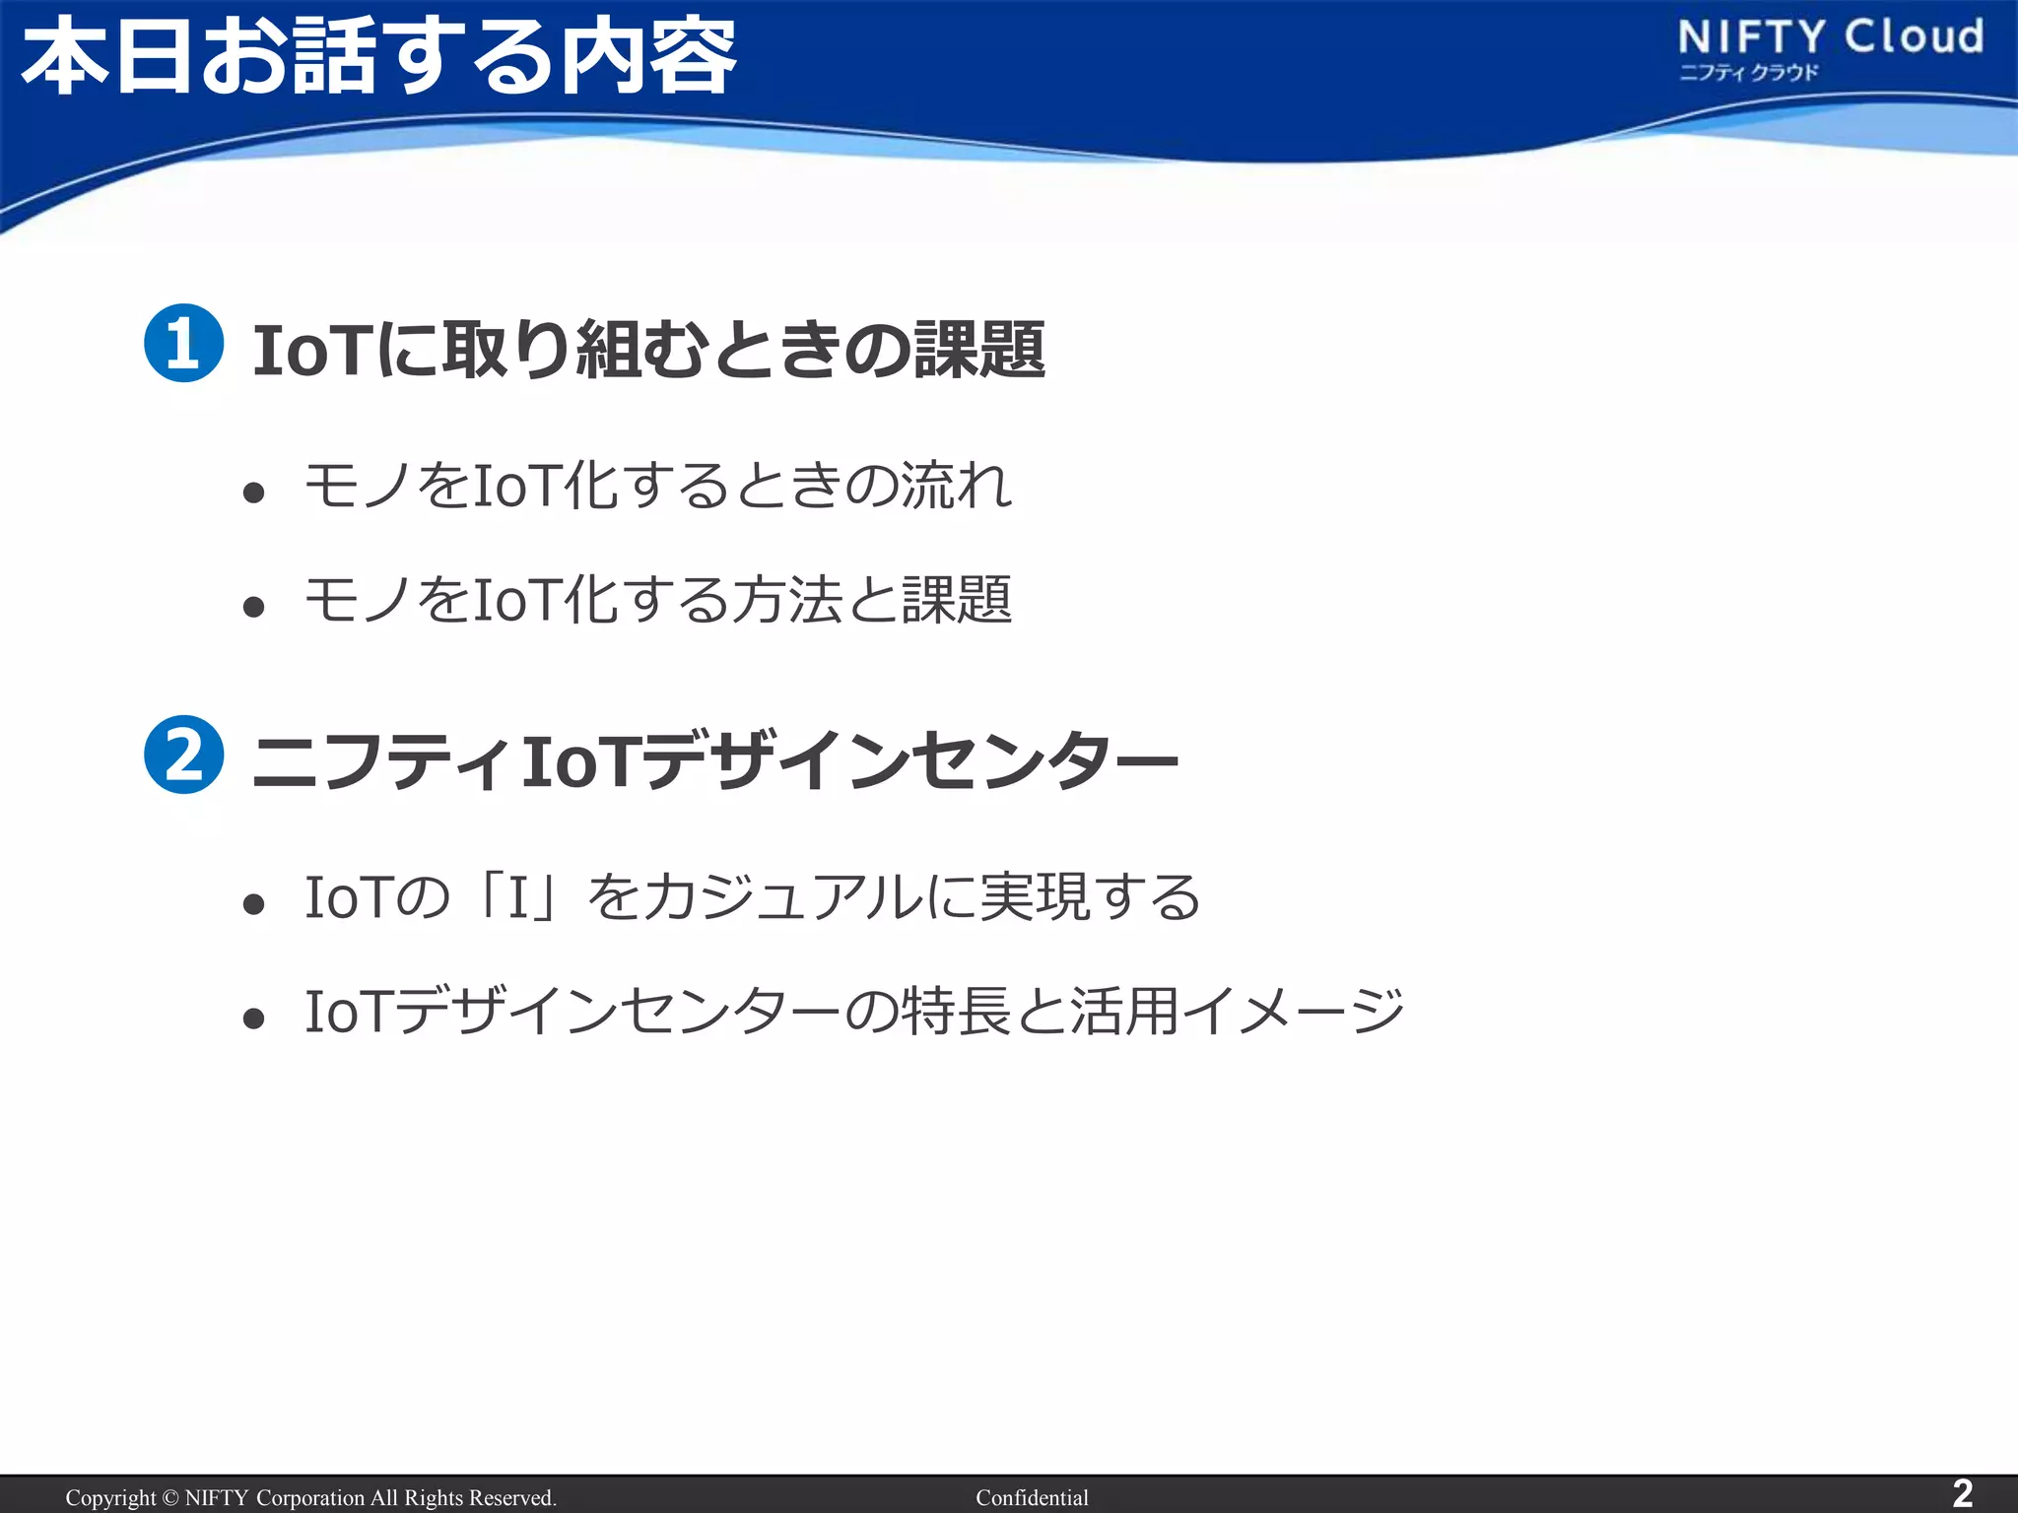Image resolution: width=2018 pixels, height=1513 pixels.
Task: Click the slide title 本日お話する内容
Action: [379, 57]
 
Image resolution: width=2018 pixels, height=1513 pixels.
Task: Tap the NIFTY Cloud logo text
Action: [1831, 37]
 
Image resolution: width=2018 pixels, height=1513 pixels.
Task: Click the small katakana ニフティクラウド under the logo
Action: [1748, 72]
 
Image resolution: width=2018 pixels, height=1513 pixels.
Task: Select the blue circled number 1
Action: [184, 343]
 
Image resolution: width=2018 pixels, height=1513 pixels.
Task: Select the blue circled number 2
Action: [184, 755]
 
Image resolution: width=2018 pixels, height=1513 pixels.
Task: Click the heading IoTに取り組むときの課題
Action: [648, 350]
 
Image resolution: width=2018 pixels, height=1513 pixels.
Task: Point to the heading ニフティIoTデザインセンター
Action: [714, 760]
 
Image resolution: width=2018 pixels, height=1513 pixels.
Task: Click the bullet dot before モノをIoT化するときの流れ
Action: [254, 492]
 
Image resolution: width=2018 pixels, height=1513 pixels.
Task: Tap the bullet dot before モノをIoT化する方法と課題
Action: [254, 606]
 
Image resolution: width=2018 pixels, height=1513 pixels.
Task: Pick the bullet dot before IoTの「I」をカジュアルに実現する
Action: [254, 903]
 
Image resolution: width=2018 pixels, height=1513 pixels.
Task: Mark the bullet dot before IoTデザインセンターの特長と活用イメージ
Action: [254, 1018]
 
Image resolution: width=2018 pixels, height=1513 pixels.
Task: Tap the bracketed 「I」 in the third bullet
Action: [518, 897]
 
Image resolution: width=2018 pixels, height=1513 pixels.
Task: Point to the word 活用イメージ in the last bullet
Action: [1237, 1012]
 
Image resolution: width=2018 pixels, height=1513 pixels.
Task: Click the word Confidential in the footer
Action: [1032, 1497]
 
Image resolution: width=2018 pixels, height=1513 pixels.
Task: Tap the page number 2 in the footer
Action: [1963, 1493]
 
